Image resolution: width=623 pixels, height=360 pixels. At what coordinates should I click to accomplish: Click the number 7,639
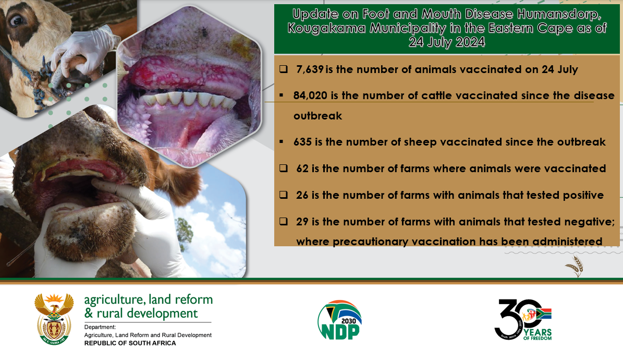tap(310, 69)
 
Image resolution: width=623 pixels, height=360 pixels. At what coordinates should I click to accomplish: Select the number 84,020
tap(310, 95)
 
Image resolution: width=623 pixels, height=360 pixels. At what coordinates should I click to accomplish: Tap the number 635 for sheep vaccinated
tap(302, 142)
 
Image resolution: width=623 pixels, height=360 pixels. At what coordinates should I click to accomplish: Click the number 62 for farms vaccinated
tap(302, 169)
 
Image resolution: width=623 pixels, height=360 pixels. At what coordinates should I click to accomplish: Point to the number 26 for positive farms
tap(302, 195)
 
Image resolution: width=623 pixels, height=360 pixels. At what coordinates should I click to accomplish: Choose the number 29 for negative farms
tap(302, 222)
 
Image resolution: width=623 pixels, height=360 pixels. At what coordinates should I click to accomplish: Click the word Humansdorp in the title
tap(559, 15)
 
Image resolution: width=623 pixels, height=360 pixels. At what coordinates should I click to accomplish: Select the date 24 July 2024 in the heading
tap(447, 42)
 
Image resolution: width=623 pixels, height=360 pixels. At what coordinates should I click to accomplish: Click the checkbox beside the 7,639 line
tap(283, 69)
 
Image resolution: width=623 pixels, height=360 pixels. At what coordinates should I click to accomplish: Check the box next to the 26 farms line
tap(283, 195)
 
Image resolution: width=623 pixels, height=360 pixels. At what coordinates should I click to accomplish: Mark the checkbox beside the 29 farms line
tap(283, 222)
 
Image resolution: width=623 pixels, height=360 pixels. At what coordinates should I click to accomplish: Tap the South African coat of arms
tap(54, 319)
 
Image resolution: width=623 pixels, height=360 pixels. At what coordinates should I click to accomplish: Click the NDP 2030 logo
tap(339, 320)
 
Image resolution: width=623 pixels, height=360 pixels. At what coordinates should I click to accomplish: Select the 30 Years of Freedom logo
tap(523, 320)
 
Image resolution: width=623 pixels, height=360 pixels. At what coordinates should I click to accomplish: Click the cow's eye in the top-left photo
tap(17, 20)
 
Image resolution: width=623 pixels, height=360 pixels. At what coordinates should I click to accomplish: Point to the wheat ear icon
tap(575, 266)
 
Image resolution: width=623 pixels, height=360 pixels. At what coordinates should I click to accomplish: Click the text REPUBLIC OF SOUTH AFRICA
tap(130, 343)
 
